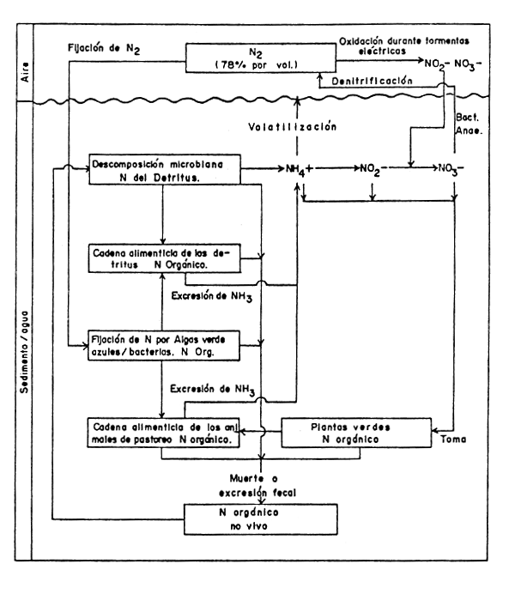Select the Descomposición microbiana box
click(x=164, y=169)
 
